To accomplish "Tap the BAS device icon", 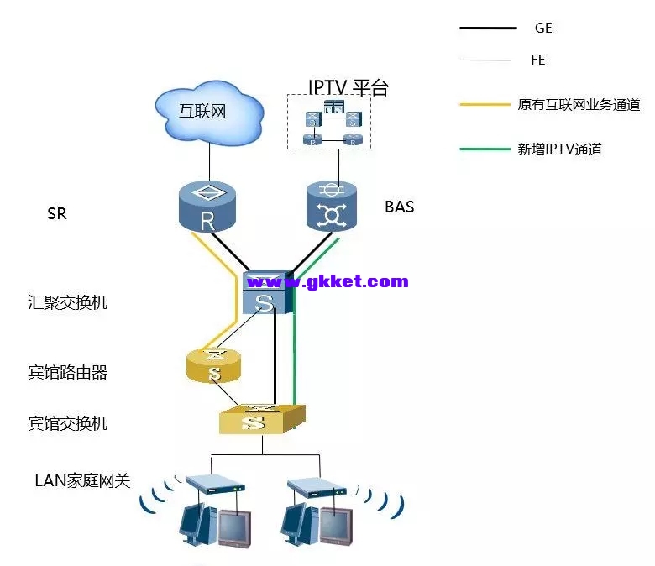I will coord(333,206).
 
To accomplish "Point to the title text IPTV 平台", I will coord(348,87).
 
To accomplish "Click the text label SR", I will coord(57,214).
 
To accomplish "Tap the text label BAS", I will coord(399,207).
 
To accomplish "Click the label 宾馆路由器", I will coord(68,372).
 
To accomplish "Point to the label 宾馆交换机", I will coord(68,423).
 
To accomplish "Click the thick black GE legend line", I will coord(488,29).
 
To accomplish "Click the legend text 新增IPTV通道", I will coord(560,150).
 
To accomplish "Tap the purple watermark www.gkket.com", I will coord(327,281).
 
